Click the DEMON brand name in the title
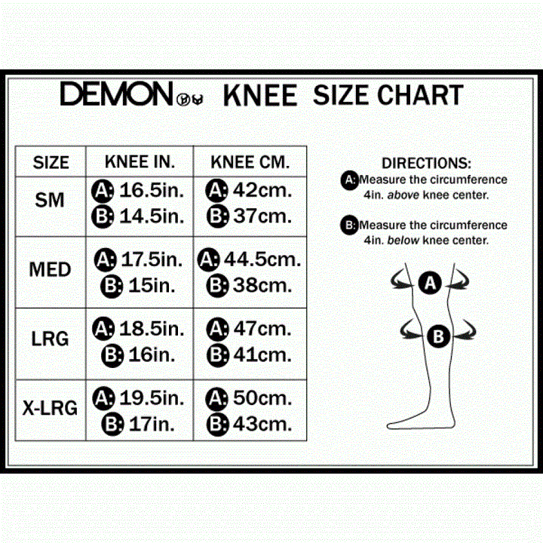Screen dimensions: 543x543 [x=116, y=95]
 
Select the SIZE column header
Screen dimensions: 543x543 [x=51, y=162]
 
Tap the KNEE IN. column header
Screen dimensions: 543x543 [x=140, y=161]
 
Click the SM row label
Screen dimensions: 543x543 [x=50, y=201]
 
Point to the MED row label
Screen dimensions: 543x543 [x=51, y=270]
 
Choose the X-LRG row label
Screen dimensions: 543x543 [x=50, y=409]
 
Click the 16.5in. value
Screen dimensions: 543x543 [x=152, y=189]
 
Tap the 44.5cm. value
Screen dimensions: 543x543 [x=262, y=259]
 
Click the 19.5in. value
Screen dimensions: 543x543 [x=152, y=397]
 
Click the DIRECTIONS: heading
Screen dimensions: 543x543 [x=426, y=163]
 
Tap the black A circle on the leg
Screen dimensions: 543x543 [x=430, y=284]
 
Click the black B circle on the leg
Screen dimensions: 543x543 [x=439, y=337]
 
